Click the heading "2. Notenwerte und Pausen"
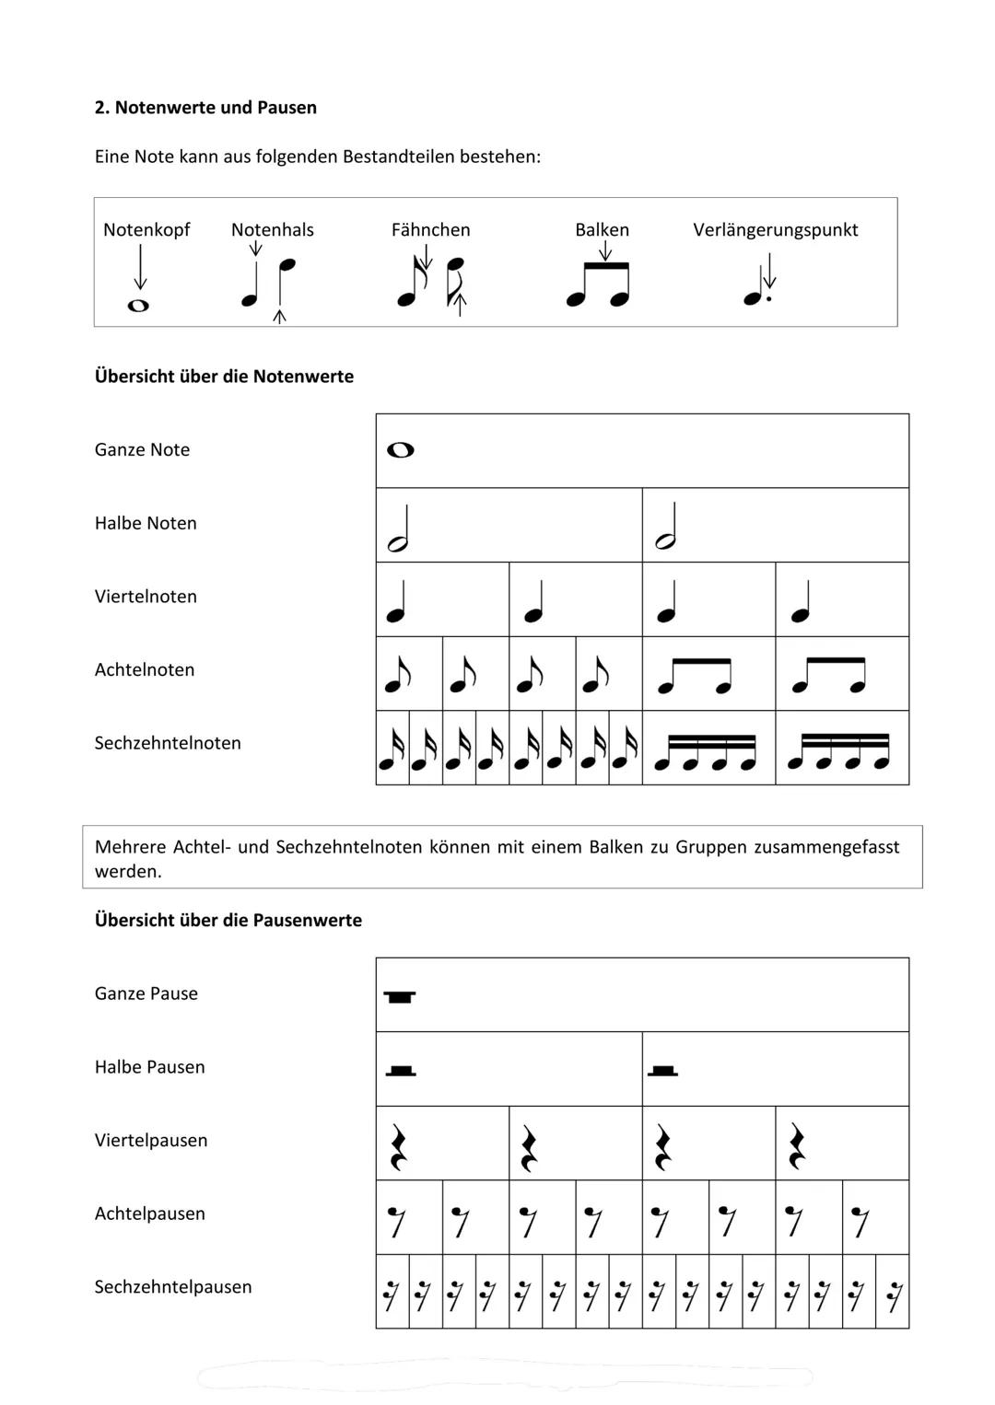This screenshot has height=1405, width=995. [205, 108]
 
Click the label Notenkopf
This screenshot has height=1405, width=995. [146, 230]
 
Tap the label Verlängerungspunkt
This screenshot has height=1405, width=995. [775, 230]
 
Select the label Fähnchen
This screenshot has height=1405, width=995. [430, 230]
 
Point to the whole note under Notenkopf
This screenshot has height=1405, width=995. [138, 306]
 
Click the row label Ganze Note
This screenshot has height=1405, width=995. [142, 450]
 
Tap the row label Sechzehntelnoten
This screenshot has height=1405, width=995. [168, 743]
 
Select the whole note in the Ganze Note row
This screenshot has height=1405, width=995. [401, 450]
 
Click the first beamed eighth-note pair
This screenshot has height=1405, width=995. [695, 676]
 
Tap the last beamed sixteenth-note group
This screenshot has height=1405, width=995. [839, 750]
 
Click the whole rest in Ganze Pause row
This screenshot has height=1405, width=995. [400, 997]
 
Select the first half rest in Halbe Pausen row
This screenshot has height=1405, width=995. [400, 1071]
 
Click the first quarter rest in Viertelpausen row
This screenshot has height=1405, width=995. [398, 1148]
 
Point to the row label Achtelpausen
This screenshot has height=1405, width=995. [149, 1214]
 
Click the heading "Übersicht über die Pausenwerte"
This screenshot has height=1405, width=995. [228, 921]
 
